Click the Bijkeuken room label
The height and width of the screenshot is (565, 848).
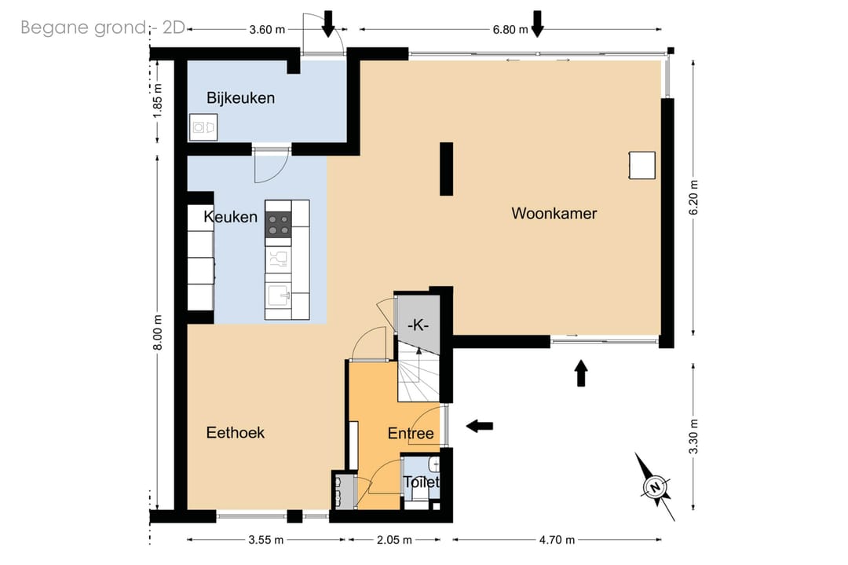coord(241,98)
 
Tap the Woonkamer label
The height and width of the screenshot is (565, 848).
coord(554,213)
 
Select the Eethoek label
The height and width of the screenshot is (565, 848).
coord(236,432)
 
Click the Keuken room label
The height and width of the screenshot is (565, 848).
coord(230,217)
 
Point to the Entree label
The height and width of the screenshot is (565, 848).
coord(411,434)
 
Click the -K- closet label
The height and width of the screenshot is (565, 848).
coord(418,325)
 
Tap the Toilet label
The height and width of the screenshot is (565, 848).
coord(421,482)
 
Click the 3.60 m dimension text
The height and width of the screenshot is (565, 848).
coord(267,30)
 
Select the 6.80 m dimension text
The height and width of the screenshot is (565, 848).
coord(510,30)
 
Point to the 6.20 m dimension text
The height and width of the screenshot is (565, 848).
coord(694,197)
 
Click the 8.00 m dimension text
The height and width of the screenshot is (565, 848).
coord(157,332)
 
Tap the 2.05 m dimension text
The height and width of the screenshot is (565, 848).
coord(394,540)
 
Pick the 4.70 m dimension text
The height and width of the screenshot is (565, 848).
coord(557,540)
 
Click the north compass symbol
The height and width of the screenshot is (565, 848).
coord(655,486)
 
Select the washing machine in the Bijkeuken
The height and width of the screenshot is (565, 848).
coord(203,128)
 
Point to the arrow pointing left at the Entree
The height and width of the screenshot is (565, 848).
coord(480,426)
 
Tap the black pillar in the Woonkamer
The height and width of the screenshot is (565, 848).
coord(446,168)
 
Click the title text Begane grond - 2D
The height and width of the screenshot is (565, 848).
coord(103,28)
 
